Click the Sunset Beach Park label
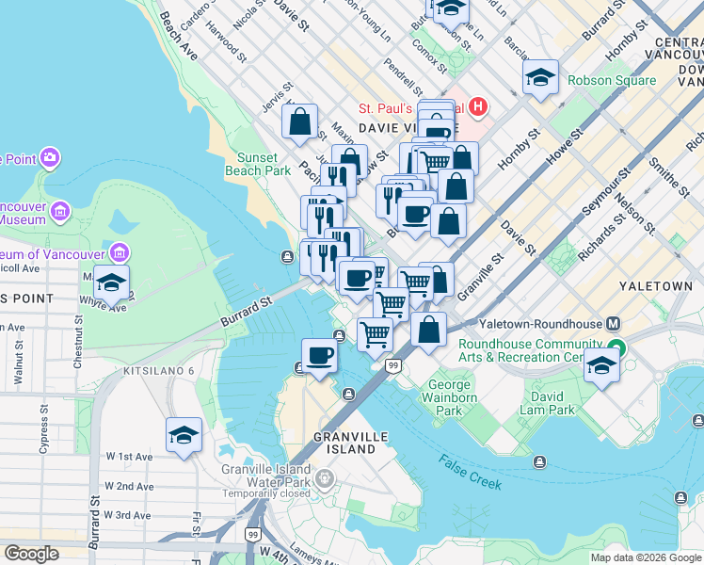[x=258, y=164]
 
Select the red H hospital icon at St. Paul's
[x=478, y=106]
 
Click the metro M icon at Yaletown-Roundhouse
[x=615, y=322]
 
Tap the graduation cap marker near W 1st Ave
[x=184, y=435]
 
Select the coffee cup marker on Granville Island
[x=319, y=356]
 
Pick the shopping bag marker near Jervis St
[x=299, y=121]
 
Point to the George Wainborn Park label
[x=450, y=397]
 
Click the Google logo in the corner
[x=32, y=554]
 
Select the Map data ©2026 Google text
[x=646, y=557]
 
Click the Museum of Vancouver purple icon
[x=119, y=253]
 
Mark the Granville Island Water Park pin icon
[x=325, y=480]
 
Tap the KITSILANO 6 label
[x=158, y=371]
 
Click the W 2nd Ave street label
[x=130, y=486]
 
